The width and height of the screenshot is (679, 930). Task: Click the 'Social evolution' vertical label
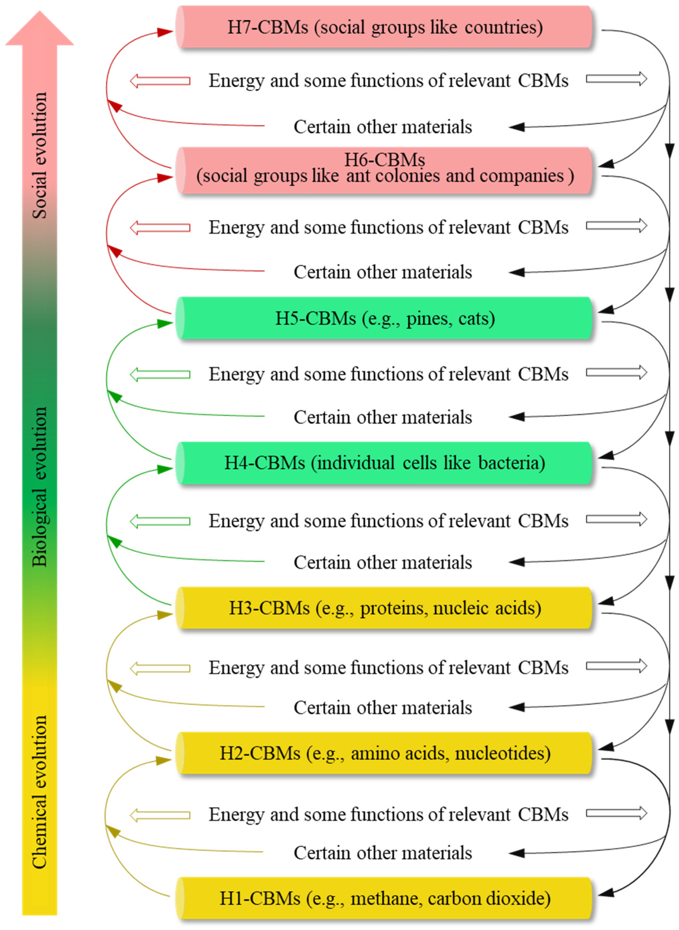40,155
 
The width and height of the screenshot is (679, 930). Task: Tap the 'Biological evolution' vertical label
40,487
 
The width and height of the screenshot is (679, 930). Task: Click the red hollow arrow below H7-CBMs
160,81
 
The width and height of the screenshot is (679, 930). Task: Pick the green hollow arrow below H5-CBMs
160,374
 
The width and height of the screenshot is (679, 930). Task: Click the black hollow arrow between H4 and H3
616,519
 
